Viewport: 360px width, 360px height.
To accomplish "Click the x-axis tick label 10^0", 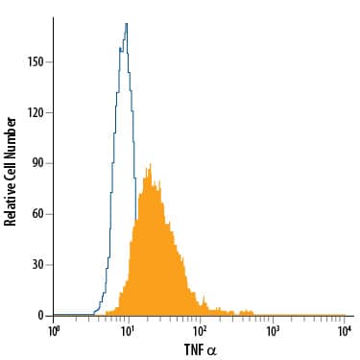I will tap(54, 329).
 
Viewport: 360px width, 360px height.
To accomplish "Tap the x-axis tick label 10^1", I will tap(127, 329).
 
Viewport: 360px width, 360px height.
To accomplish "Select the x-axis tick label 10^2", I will tap(200, 329).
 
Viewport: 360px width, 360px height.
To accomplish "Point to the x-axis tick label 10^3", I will tap(273, 329).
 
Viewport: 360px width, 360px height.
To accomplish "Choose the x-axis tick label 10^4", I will tap(345, 329).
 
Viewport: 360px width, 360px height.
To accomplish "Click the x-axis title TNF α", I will tap(199, 349).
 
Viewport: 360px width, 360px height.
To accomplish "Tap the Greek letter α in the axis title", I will tap(213, 350).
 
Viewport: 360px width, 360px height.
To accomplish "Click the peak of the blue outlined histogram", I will tap(126, 24).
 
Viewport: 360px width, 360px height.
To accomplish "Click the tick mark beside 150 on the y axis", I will tap(50, 62).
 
